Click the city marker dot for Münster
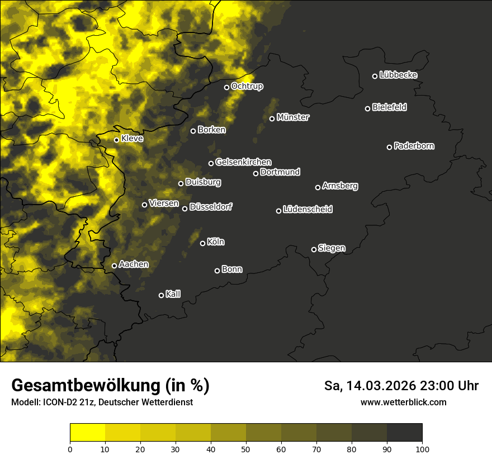click(x=272, y=119)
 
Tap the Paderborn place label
click(x=414, y=146)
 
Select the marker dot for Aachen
click(x=114, y=266)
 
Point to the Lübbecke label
click(x=398, y=75)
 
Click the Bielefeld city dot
click(x=367, y=108)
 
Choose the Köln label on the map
click(x=215, y=242)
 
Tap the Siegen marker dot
click(x=314, y=249)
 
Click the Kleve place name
click(x=132, y=139)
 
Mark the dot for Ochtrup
click(x=226, y=87)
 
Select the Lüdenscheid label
click(x=307, y=210)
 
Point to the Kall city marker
click(x=161, y=295)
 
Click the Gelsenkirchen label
click(x=243, y=162)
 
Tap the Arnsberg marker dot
click(x=318, y=187)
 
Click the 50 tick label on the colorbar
click(x=246, y=449)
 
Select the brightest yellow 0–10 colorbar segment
click(x=87, y=433)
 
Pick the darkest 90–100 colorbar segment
click(x=404, y=433)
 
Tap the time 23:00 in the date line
click(x=442, y=386)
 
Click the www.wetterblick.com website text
click(x=403, y=403)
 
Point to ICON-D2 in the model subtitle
click(x=60, y=403)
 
